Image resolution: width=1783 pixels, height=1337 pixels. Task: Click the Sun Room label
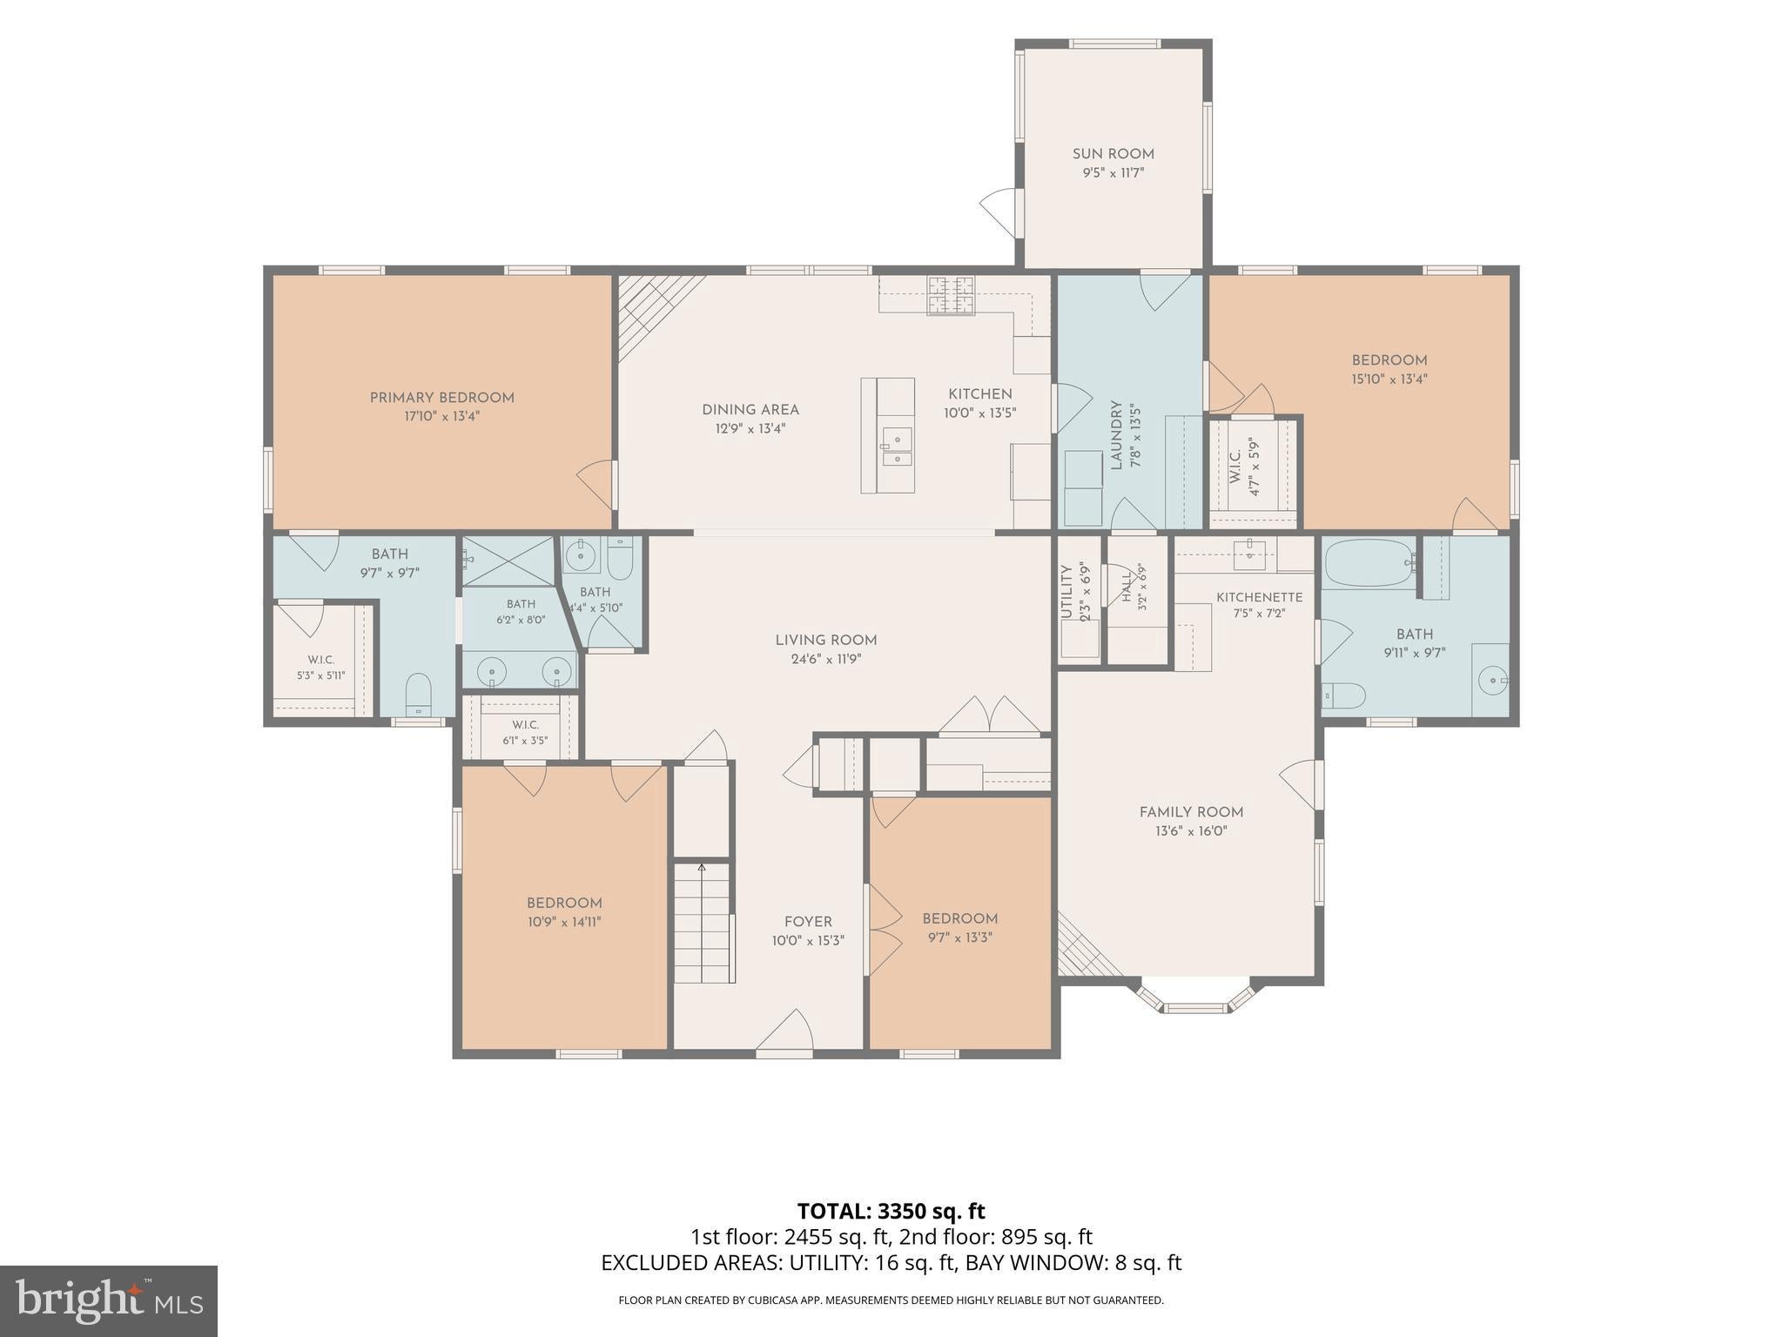point(1113,154)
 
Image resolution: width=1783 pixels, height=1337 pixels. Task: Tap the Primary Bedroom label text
point(442,398)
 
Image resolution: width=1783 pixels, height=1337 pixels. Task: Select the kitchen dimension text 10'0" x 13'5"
point(980,413)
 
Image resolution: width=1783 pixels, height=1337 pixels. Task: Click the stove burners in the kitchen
point(951,294)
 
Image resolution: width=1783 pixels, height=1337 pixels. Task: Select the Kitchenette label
point(1259,597)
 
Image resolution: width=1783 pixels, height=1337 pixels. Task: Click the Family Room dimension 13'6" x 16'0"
point(1191,831)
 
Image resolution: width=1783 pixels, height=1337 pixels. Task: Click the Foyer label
point(808,922)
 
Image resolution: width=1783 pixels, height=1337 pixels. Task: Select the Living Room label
point(826,641)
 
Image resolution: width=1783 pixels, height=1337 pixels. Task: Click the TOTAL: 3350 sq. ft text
point(891,1211)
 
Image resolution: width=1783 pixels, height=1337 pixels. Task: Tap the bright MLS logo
point(109,1300)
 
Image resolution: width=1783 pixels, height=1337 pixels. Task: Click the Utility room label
point(1066,592)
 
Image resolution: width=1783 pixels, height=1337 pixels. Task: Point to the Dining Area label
point(750,410)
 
